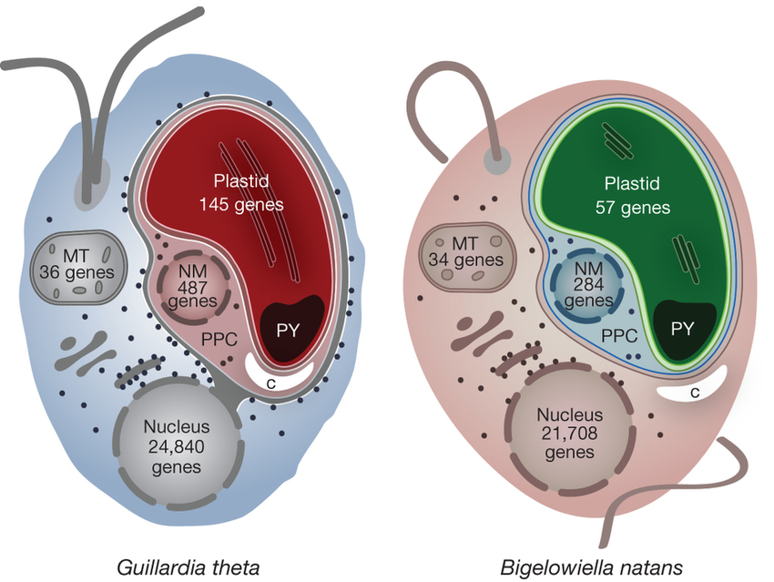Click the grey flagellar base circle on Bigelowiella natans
[495, 160]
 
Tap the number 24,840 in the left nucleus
[178, 445]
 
